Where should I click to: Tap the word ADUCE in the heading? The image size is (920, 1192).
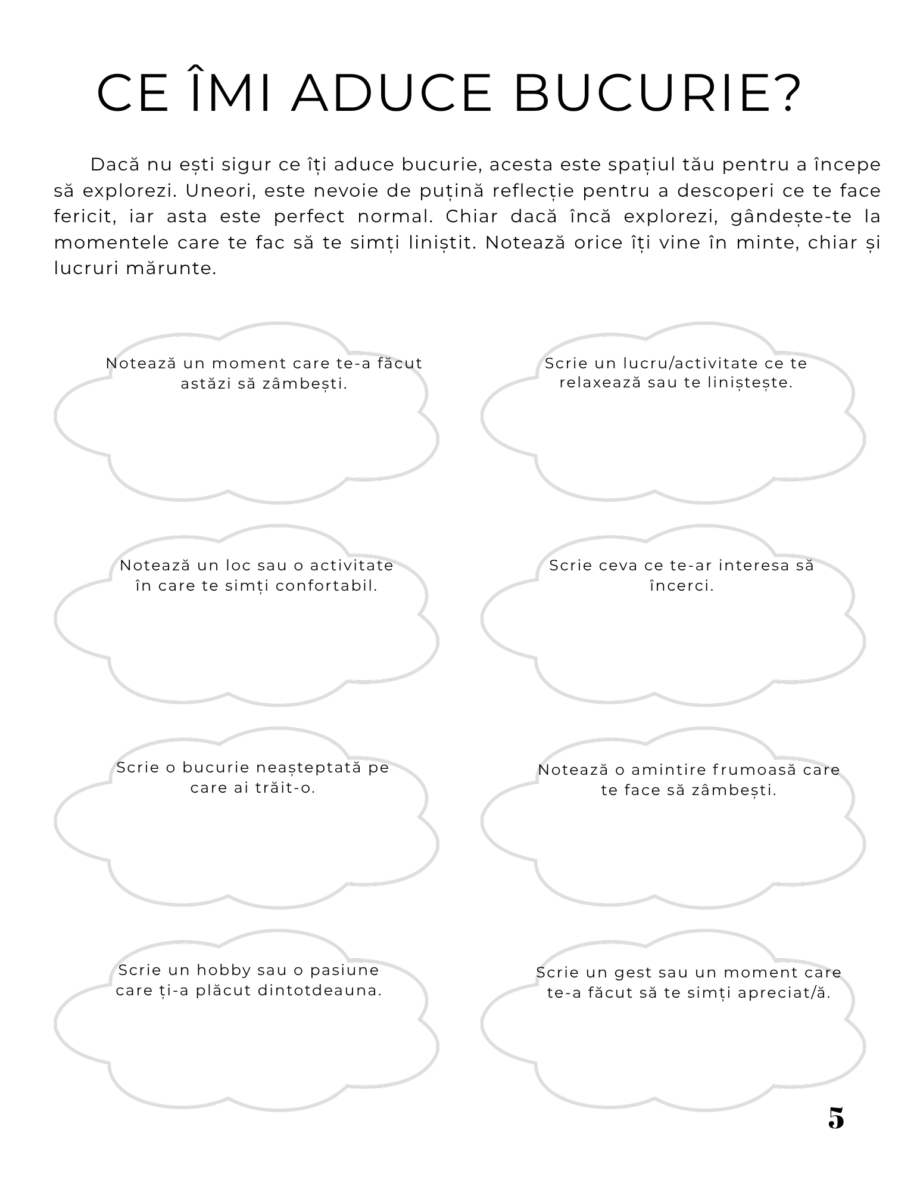391,93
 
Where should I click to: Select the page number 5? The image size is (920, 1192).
836,1118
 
